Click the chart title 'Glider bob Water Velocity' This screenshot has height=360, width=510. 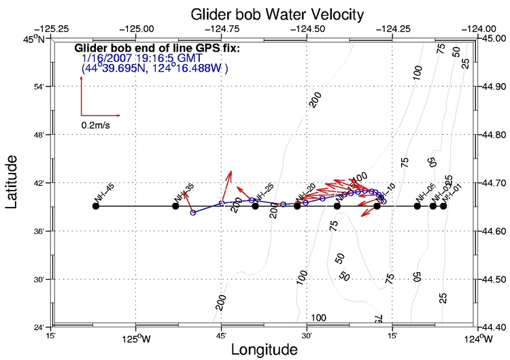[x=258, y=14]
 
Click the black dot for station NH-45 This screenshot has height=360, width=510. [x=96, y=206]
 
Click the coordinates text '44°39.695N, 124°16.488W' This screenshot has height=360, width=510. [x=154, y=69]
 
